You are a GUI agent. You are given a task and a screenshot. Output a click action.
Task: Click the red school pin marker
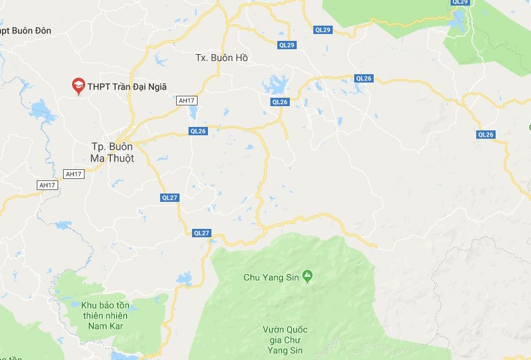click(78, 85)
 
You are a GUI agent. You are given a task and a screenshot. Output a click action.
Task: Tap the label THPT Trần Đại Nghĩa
click(128, 87)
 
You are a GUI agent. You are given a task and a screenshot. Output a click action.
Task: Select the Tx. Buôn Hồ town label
click(221, 58)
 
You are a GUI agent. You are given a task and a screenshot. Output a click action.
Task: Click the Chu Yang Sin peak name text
click(270, 277)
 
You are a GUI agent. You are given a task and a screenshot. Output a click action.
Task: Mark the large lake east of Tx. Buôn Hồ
click(277, 85)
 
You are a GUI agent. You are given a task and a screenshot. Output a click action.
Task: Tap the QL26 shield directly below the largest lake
click(279, 102)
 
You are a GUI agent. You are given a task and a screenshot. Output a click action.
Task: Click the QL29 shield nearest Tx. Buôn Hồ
click(286, 45)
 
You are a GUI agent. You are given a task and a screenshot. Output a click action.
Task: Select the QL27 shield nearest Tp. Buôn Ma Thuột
click(170, 198)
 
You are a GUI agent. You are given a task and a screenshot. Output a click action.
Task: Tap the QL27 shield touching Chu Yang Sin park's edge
click(201, 233)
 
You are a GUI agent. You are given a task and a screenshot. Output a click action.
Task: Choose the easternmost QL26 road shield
click(485, 135)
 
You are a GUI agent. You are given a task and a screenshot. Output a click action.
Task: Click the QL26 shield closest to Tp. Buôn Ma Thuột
click(198, 131)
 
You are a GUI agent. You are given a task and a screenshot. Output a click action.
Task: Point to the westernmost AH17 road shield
click(46, 185)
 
